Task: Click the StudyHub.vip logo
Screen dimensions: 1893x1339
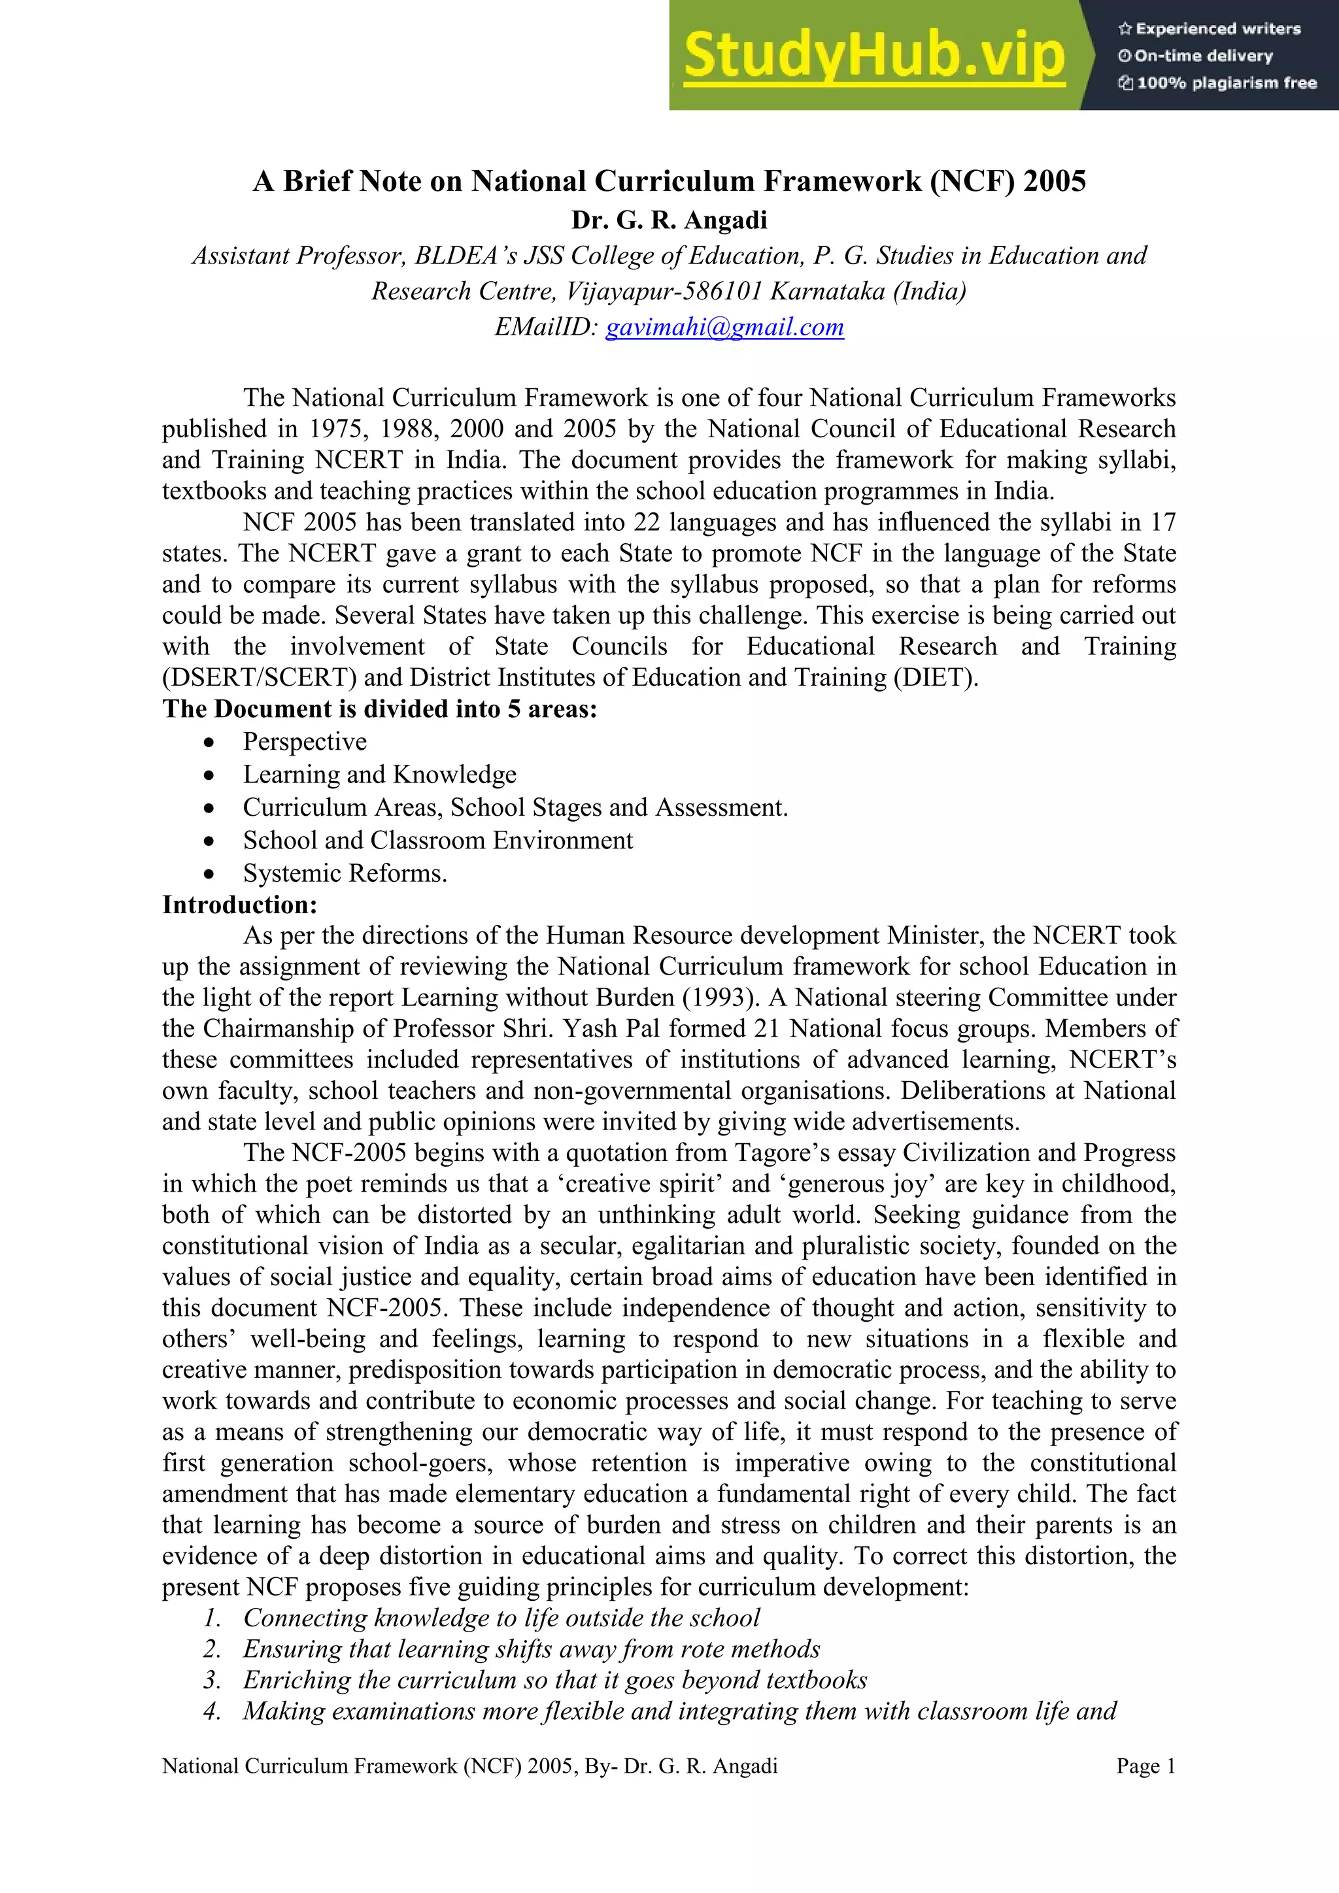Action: coord(874,56)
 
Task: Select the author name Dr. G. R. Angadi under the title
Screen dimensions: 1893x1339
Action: coord(669,220)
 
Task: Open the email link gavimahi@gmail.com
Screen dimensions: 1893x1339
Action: coord(724,327)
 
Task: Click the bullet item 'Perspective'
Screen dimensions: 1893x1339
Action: coord(304,742)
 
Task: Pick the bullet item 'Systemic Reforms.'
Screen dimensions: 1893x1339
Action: coord(345,873)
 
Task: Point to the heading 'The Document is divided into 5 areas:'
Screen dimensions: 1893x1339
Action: coord(379,709)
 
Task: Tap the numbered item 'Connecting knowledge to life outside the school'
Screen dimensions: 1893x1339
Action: coord(501,1618)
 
